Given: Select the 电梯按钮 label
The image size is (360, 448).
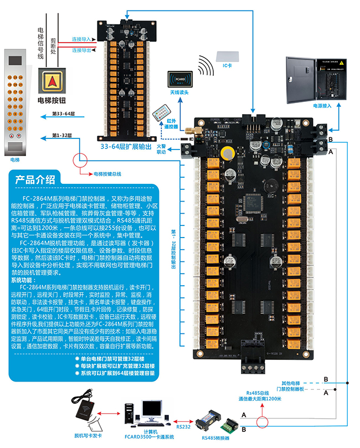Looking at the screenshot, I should (52, 100).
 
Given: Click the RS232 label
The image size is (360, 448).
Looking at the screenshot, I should (183, 426).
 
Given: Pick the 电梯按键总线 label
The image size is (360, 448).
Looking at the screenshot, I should (109, 174).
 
